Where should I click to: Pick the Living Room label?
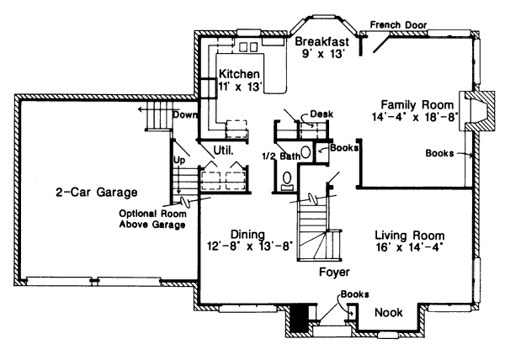(x=409, y=235)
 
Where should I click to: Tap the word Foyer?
(x=335, y=273)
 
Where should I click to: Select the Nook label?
(x=388, y=313)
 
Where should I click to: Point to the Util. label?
(x=222, y=151)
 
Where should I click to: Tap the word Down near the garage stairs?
(x=185, y=114)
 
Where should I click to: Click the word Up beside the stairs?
(x=178, y=159)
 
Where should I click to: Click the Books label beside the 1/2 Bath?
(x=345, y=147)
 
